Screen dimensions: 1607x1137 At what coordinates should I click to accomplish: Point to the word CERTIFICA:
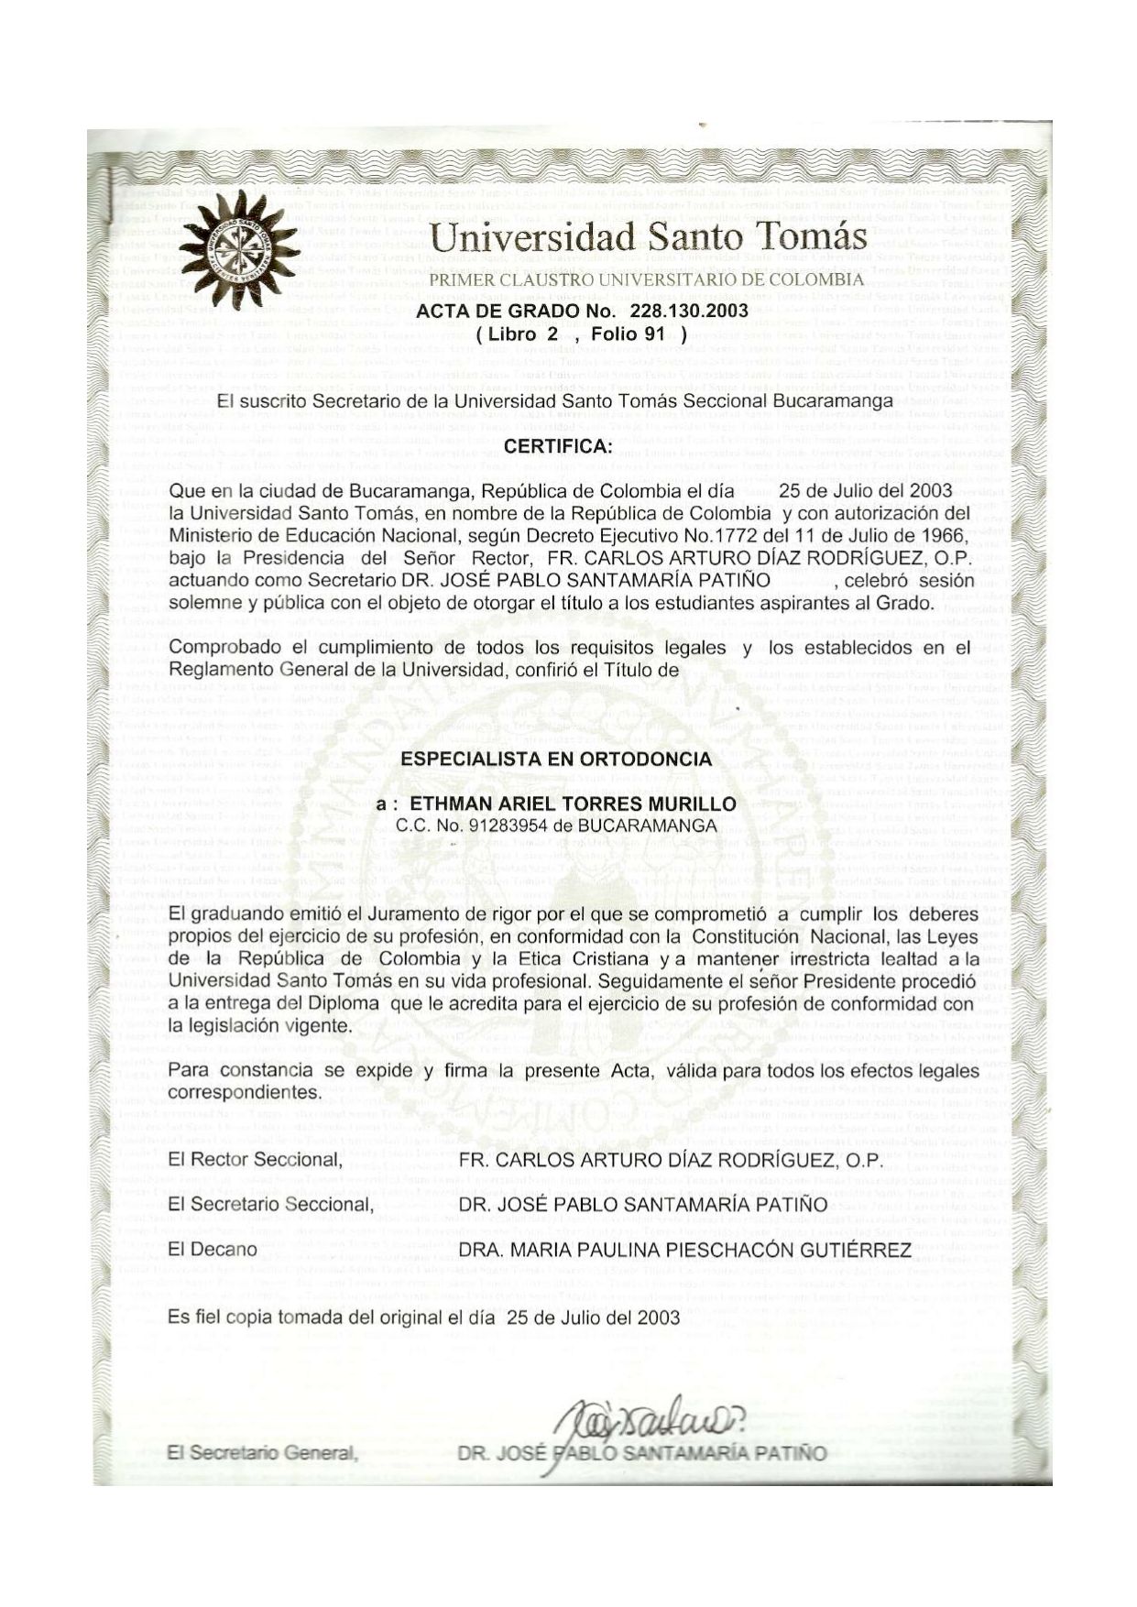(x=557, y=447)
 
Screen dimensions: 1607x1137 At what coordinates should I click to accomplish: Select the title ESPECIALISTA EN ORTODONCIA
(x=556, y=759)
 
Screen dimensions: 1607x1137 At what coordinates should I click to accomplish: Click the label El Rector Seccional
(x=256, y=1160)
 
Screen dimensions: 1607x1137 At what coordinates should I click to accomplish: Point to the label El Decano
(x=213, y=1250)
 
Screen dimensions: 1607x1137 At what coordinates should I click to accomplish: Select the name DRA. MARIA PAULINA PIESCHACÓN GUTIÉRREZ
(x=685, y=1250)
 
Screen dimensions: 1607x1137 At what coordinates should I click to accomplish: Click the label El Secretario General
(x=262, y=1452)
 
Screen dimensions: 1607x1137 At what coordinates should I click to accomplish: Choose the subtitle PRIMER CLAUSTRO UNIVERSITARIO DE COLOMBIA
(x=647, y=279)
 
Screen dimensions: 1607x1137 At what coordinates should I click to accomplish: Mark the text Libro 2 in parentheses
(x=525, y=334)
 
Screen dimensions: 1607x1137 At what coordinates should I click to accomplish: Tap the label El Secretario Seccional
(x=271, y=1205)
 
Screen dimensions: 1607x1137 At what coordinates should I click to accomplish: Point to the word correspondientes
(x=245, y=1093)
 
